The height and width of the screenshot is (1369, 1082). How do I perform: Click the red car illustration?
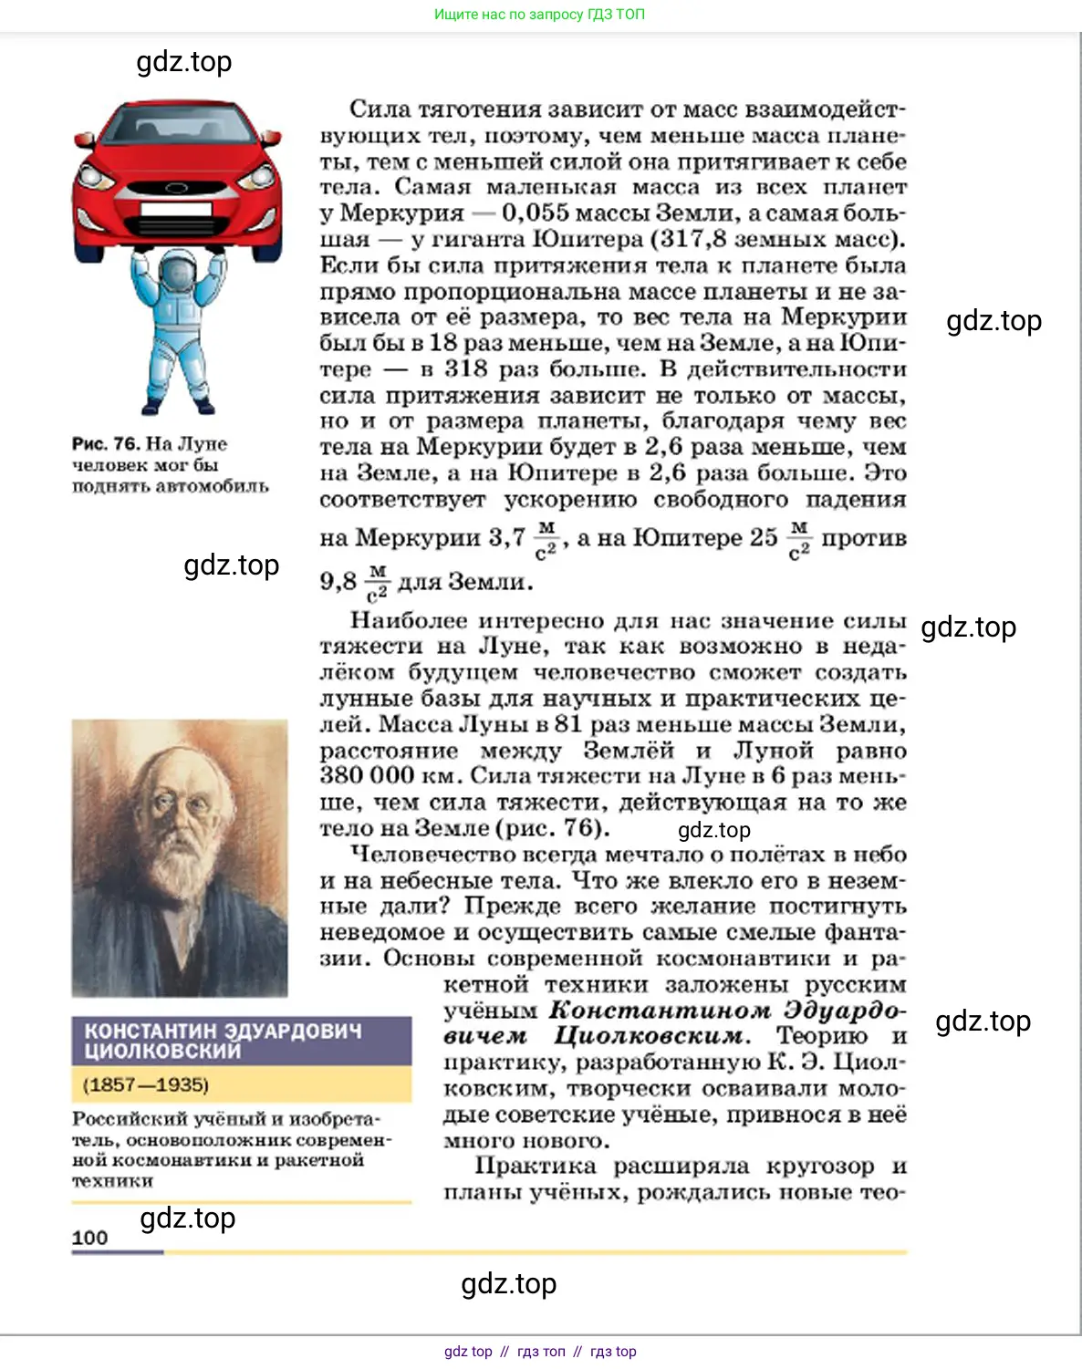click(177, 178)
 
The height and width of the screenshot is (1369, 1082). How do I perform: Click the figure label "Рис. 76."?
click(106, 444)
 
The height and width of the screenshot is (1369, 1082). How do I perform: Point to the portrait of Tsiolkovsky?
click(180, 857)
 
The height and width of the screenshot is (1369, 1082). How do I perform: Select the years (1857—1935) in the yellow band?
click(146, 1085)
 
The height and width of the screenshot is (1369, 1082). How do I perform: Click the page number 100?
click(89, 1238)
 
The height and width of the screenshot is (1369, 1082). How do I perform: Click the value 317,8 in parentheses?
click(693, 240)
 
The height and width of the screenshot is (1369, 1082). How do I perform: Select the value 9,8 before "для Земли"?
click(338, 581)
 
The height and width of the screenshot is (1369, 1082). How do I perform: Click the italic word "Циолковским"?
click(651, 1037)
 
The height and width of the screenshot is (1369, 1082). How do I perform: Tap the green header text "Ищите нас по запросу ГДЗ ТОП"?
click(539, 15)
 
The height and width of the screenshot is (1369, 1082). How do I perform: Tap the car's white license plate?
click(176, 209)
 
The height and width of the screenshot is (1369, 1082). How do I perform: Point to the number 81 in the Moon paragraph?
click(567, 724)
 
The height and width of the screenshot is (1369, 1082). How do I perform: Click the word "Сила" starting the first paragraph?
click(380, 109)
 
